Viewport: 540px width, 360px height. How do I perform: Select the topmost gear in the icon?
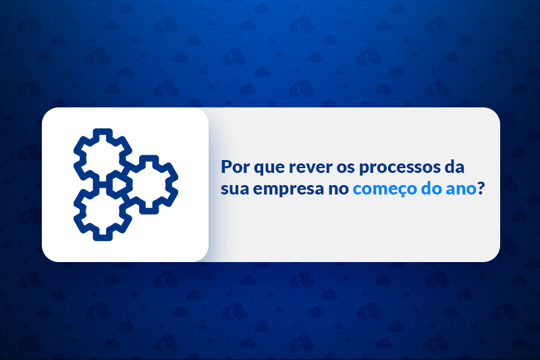[102, 157]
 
